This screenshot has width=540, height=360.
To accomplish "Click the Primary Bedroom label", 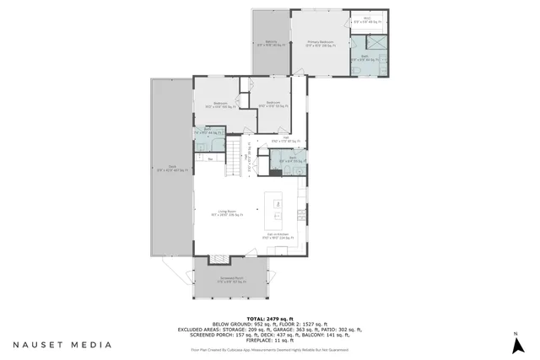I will [321, 43].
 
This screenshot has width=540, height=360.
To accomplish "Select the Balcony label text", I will [271, 43].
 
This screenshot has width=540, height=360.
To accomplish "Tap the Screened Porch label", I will [231, 278].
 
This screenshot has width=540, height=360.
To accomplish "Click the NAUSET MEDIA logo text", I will [62, 344].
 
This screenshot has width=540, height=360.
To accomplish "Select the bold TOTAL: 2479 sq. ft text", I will [270, 317].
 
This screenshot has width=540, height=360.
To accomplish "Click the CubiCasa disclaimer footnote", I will [270, 348].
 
